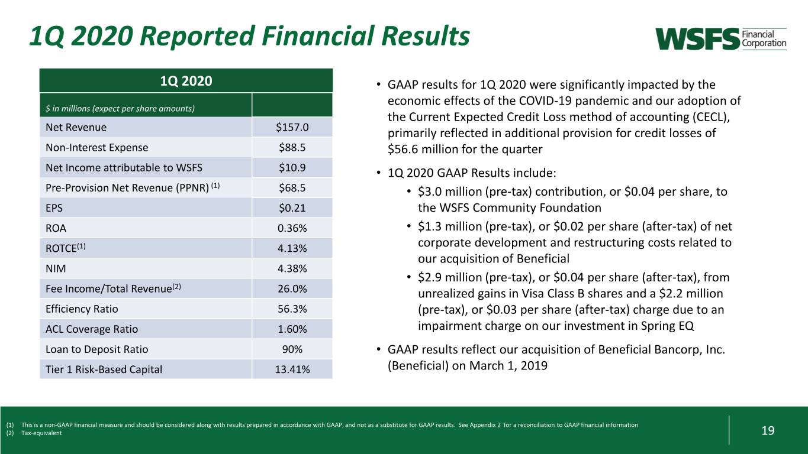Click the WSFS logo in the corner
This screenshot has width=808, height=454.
pyautogui.click(x=721, y=38)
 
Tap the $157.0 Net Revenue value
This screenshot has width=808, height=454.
pyautogui.click(x=292, y=127)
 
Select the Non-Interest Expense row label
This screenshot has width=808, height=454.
pyautogui.click(x=96, y=147)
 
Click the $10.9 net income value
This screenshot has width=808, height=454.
pyautogui.click(x=292, y=167)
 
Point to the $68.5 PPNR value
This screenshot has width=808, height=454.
pyautogui.click(x=292, y=188)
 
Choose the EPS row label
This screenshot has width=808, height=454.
pyautogui.click(x=54, y=208)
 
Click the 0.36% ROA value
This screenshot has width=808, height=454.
pyautogui.click(x=292, y=228)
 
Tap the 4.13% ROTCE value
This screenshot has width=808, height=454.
pyautogui.click(x=292, y=248)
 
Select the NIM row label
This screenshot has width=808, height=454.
pyautogui.click(x=56, y=268)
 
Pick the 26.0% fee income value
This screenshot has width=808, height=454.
pyautogui.click(x=292, y=288)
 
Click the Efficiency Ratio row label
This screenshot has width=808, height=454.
pyautogui.click(x=82, y=309)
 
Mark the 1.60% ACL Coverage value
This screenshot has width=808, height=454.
pyautogui.click(x=292, y=329)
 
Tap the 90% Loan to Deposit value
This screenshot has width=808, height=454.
pyautogui.click(x=292, y=349)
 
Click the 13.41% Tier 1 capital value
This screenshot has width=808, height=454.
pyautogui.click(x=292, y=369)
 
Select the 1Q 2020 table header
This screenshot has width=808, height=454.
pyautogui.click(x=186, y=81)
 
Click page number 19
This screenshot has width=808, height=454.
pyautogui.click(x=768, y=430)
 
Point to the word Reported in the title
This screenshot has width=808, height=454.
pyautogui.click(x=198, y=36)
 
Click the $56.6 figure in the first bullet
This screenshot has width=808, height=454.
pyautogui.click(x=403, y=149)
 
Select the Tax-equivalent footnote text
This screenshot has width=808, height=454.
pyautogui.click(x=41, y=433)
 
